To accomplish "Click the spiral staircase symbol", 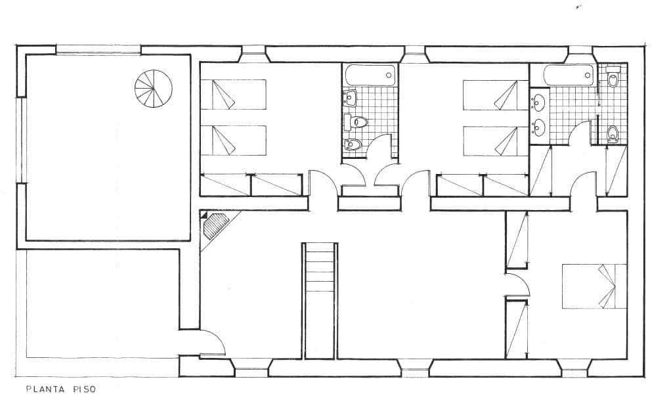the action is click(153, 89).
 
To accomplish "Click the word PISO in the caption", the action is click(85, 389).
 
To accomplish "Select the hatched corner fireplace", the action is click(215, 226).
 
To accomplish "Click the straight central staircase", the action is click(320, 300).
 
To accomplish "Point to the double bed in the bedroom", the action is click(594, 286).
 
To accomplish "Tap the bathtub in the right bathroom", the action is click(569, 76).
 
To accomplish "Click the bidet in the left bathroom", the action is click(352, 144).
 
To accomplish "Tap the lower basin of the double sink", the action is click(539, 127).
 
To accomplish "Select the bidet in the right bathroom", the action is click(613, 133).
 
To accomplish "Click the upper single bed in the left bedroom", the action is click(233, 95).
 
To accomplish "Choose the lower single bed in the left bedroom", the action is click(233, 141).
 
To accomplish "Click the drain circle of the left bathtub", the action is click(389, 75).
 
